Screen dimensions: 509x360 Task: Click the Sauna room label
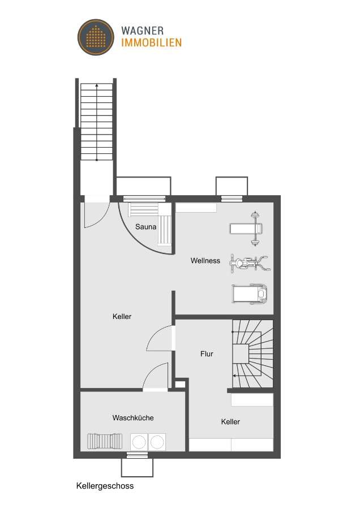click(x=145, y=227)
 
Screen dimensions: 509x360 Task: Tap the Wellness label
click(x=205, y=261)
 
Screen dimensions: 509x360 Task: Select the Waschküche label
click(x=133, y=418)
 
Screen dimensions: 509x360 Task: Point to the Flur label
click(x=207, y=354)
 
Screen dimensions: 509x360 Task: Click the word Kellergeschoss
click(x=105, y=485)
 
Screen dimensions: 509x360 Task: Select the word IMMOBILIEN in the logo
click(x=151, y=42)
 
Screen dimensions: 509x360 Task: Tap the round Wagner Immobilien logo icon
click(x=96, y=36)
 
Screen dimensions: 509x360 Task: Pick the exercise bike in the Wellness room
click(x=249, y=262)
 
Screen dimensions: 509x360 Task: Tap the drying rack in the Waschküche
click(x=105, y=441)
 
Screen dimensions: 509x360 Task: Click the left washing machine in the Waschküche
click(x=139, y=441)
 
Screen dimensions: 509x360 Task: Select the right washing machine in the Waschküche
click(x=157, y=441)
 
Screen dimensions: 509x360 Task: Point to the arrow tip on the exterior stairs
click(x=97, y=85)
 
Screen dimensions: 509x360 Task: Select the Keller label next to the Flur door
click(x=122, y=317)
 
